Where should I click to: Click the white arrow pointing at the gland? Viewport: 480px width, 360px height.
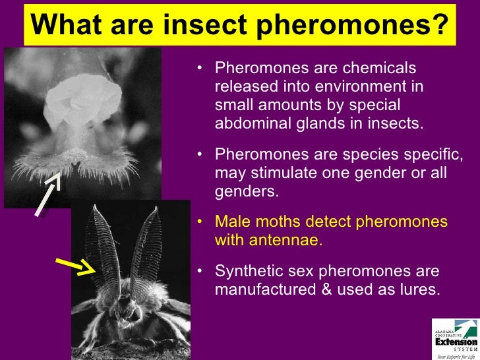pyautogui.click(x=47, y=193)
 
